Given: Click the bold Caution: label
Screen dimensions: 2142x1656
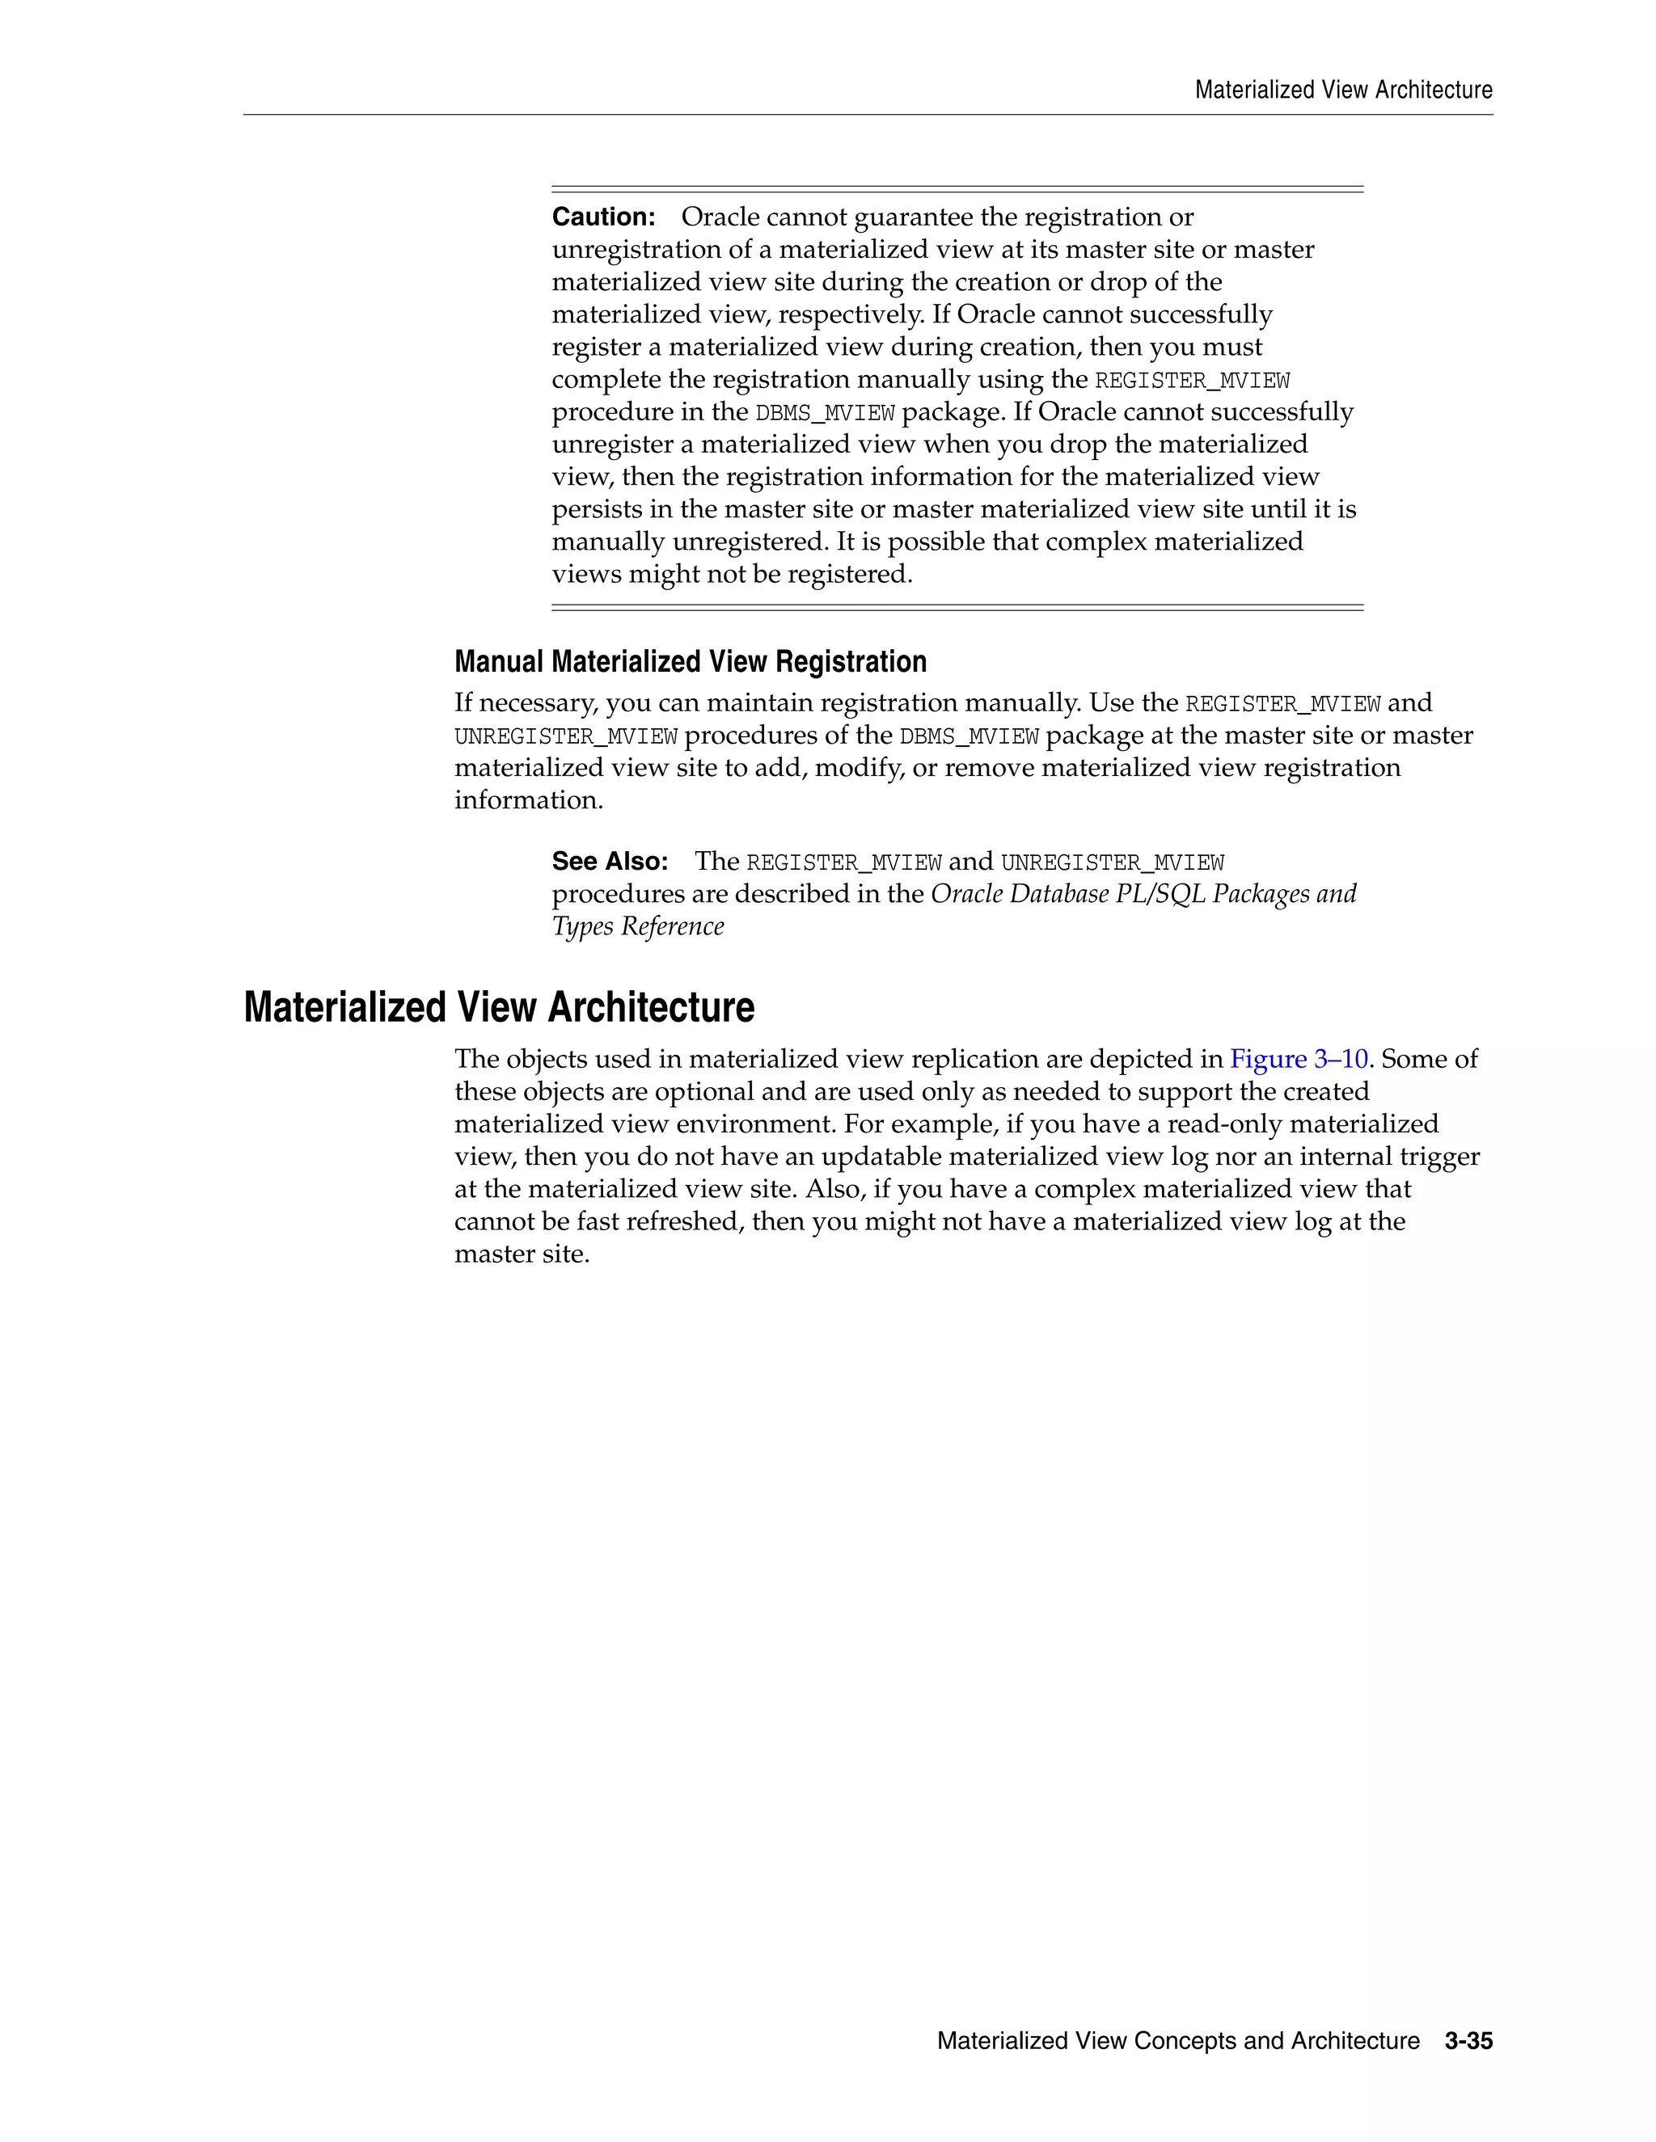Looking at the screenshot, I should tap(603, 217).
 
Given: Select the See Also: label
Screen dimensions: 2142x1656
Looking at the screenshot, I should tap(609, 861).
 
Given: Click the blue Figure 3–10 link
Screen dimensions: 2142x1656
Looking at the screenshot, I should tap(1298, 1059).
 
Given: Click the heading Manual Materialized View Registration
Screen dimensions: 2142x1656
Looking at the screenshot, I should tap(690, 662).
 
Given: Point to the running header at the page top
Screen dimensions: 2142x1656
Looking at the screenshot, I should tap(1343, 91).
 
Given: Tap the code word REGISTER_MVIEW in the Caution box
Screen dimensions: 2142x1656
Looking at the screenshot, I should tap(1191, 381).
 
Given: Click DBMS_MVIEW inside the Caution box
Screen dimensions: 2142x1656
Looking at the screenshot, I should tap(824, 413).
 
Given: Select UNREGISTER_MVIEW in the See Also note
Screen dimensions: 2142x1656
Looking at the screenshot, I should tap(1112, 863).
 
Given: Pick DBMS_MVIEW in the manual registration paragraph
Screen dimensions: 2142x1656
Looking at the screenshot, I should tap(968, 736).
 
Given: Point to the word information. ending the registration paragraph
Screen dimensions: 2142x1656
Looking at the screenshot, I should tap(528, 800).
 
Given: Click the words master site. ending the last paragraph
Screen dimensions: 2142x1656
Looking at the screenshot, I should tap(521, 1254).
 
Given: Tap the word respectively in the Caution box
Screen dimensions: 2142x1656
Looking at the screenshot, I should tap(839, 314).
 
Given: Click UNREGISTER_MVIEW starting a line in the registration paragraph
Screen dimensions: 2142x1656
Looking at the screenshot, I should tap(565, 736).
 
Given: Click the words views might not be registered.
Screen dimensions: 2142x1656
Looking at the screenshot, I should tap(732, 575).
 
